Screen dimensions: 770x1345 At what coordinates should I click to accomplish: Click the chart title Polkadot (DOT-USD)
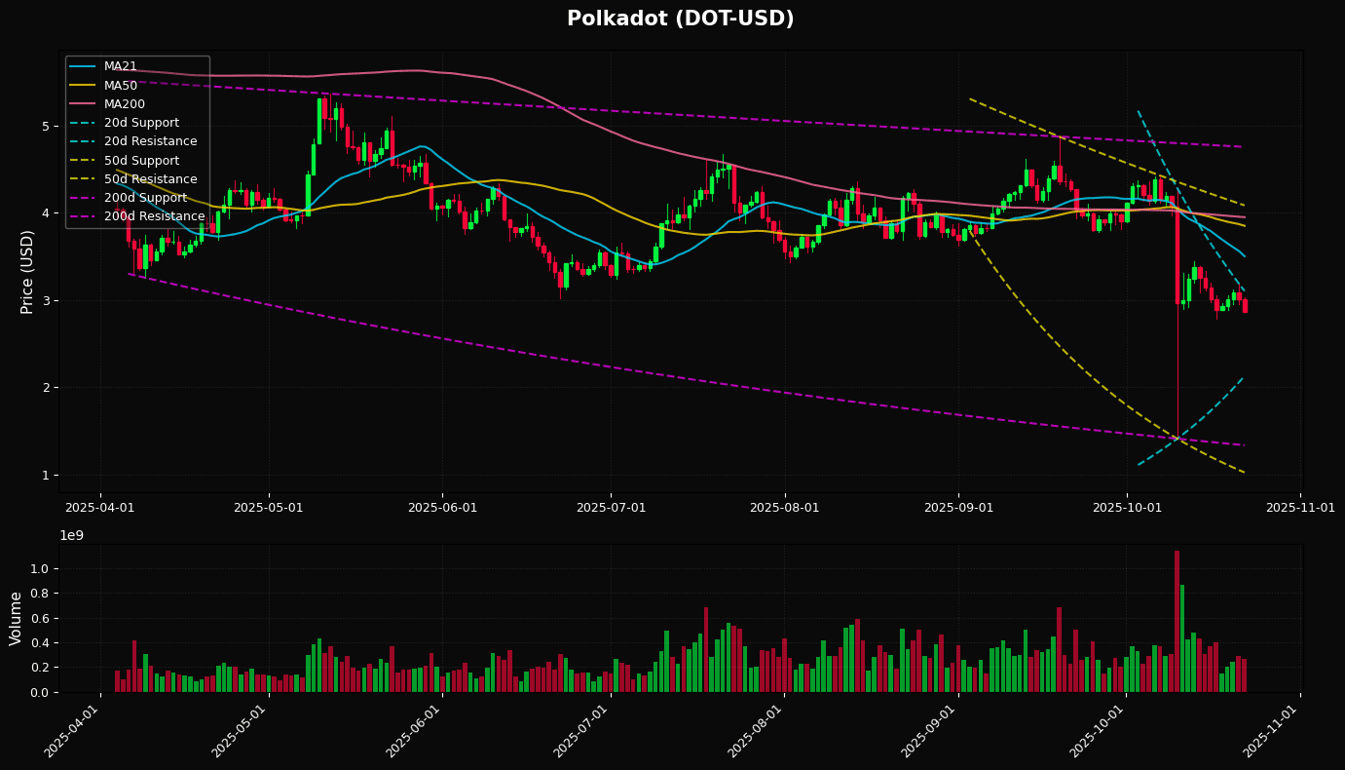680,19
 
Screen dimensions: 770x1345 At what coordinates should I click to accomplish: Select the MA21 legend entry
121,66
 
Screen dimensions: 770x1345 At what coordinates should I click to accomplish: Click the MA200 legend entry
125,104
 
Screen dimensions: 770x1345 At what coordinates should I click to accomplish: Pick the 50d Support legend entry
141,161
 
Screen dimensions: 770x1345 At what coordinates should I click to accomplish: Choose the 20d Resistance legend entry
150,141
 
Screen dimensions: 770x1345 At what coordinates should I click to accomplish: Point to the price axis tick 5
45,126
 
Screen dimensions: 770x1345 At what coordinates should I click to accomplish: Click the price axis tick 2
45,388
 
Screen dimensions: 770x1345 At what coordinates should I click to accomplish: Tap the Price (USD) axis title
27,271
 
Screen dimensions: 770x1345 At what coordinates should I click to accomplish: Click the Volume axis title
17,618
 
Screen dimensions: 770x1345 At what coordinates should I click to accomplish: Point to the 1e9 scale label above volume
72,535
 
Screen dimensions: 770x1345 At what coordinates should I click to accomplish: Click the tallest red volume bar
1177,621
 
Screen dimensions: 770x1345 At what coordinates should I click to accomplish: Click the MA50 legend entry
121,86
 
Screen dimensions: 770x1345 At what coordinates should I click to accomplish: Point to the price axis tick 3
45,300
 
